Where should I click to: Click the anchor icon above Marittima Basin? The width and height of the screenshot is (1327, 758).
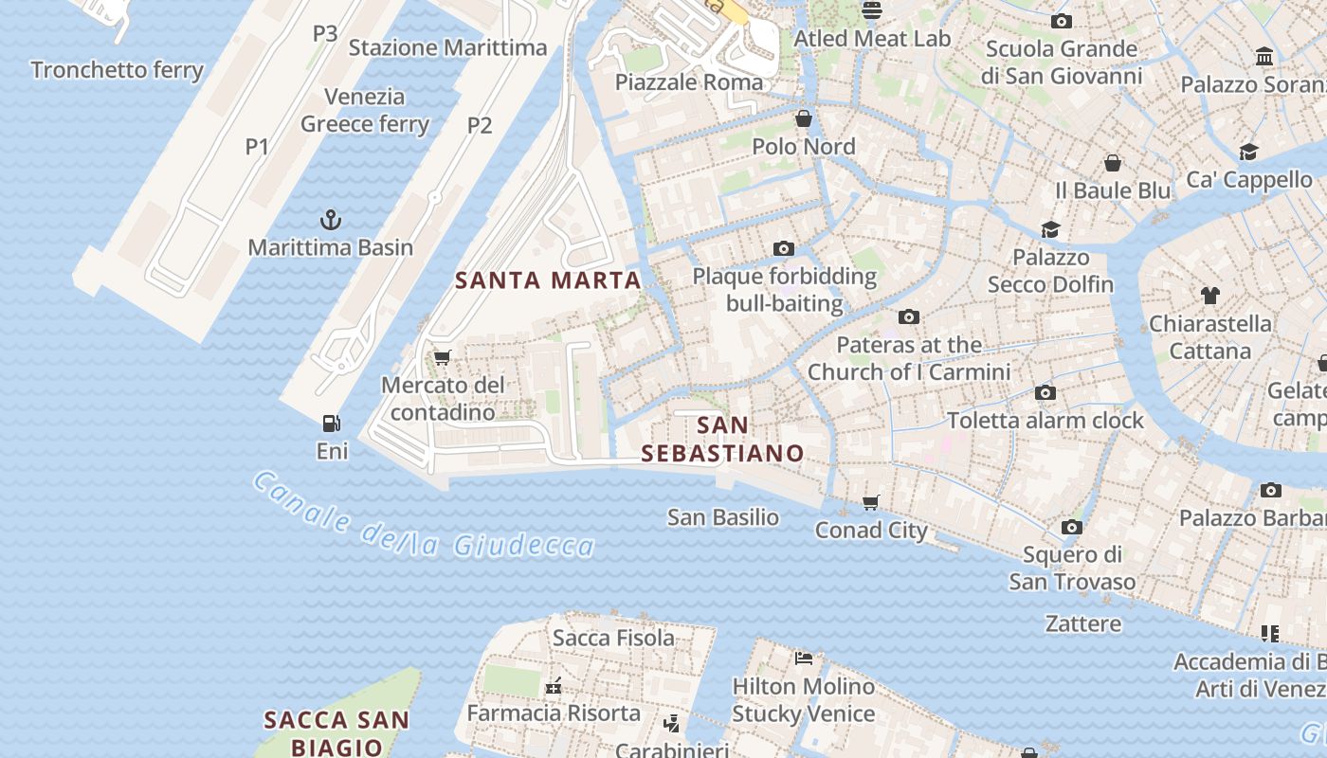[330, 220]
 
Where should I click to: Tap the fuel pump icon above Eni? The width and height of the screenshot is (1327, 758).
[331, 424]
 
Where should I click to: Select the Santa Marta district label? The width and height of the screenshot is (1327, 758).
[548, 280]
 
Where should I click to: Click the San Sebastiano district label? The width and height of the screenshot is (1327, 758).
[722, 439]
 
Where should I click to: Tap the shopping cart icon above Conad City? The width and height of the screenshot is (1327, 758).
[871, 502]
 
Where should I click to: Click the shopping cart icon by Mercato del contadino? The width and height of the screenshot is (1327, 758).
[442, 357]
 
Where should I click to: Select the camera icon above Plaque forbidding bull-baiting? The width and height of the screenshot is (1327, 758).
[783, 248]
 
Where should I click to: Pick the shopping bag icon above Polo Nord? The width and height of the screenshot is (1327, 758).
[804, 118]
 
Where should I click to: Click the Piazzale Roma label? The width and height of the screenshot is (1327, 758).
[689, 81]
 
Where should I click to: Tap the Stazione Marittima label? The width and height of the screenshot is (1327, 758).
[447, 47]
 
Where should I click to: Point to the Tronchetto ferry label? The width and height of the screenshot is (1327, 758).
[117, 70]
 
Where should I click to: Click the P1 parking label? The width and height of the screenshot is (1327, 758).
[257, 147]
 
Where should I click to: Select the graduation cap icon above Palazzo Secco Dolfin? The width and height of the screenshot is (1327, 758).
[1050, 229]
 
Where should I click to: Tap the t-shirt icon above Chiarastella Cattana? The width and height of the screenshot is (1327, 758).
[1209, 296]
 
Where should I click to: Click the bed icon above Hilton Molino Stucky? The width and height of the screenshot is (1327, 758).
[804, 658]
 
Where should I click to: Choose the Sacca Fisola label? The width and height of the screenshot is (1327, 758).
[613, 638]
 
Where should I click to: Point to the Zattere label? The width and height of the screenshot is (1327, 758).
[1082, 623]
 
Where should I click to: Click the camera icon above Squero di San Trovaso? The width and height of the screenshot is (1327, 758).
[1072, 527]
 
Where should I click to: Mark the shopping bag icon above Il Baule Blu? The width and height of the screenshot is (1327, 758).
[1113, 163]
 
